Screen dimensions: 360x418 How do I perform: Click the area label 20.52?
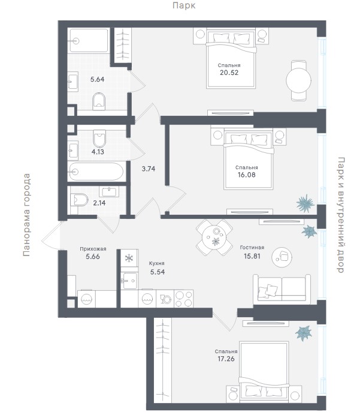229,73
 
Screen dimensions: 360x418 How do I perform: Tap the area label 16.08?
246,175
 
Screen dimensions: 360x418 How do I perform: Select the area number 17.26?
226,359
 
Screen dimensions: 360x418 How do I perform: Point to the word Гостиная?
252,248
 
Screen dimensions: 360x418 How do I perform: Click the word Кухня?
156,263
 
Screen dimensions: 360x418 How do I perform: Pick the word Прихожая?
93,249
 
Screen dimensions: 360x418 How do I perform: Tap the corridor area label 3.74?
149,169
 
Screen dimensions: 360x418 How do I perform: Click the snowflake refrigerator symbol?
129,258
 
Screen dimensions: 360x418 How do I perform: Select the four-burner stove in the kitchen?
184,299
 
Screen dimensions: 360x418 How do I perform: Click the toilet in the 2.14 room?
79,200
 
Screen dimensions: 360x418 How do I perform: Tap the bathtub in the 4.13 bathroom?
96,172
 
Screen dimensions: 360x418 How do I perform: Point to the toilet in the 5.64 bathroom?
99,101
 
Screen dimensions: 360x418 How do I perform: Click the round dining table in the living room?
214,237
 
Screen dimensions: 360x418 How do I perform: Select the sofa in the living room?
282,289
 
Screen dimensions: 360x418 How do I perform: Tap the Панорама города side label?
26,215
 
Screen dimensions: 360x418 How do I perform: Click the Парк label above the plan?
184,5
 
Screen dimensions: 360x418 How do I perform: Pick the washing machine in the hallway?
86,299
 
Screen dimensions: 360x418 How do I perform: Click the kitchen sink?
129,281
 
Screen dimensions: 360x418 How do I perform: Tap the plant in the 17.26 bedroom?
304,333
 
